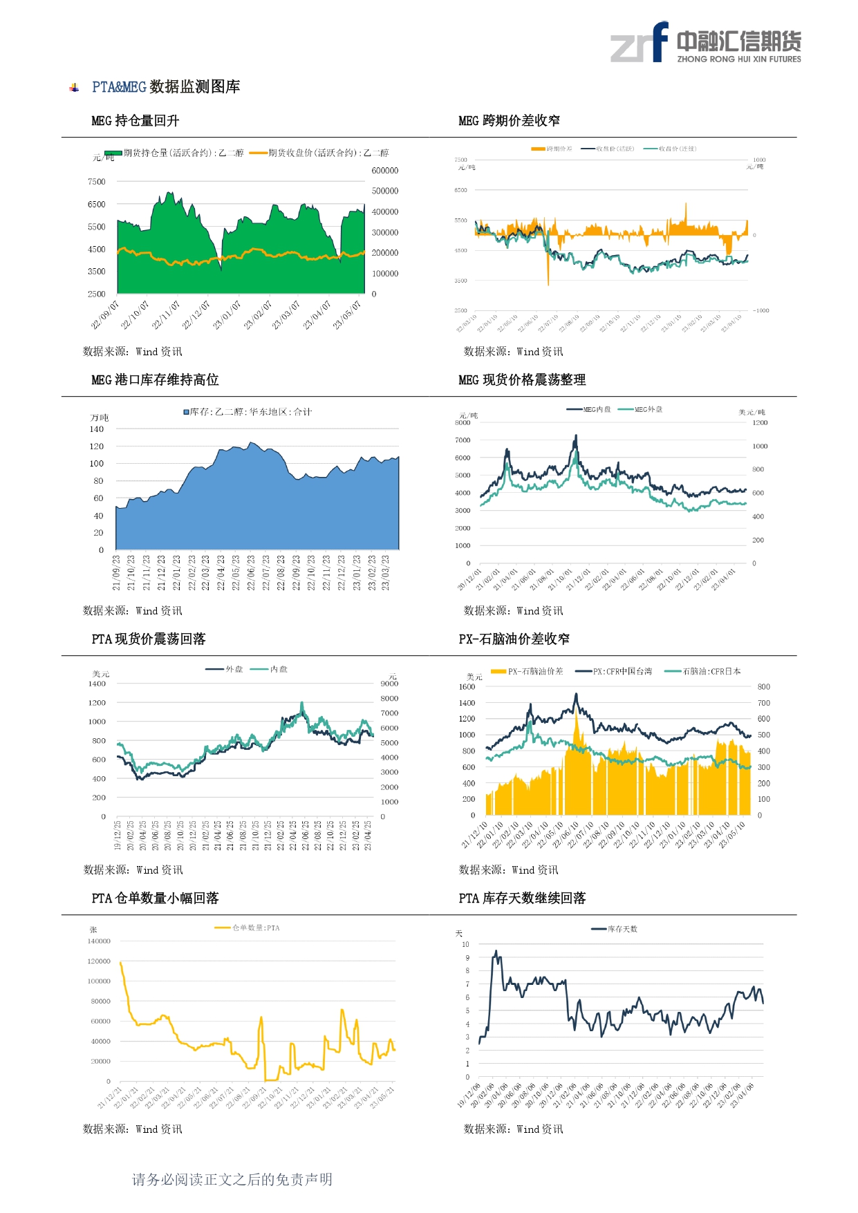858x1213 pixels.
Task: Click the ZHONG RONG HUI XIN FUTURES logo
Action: click(705, 43)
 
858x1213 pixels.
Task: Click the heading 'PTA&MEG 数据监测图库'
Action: click(166, 87)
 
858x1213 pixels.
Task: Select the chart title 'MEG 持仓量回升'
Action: click(136, 121)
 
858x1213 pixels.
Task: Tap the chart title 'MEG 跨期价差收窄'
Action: click(509, 121)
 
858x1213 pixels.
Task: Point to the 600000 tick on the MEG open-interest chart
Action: click(385, 171)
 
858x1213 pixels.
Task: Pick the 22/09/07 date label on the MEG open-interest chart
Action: click(106, 314)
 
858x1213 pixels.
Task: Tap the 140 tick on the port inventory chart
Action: click(97, 429)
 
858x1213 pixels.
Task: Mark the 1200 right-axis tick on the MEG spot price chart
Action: click(760, 422)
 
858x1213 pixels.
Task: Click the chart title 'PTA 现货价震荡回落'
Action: click(149, 639)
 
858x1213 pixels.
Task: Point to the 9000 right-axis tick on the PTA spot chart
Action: click(389, 684)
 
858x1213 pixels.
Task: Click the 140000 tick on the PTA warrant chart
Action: click(99, 941)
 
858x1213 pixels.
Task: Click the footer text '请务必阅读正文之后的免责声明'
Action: click(232, 1179)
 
